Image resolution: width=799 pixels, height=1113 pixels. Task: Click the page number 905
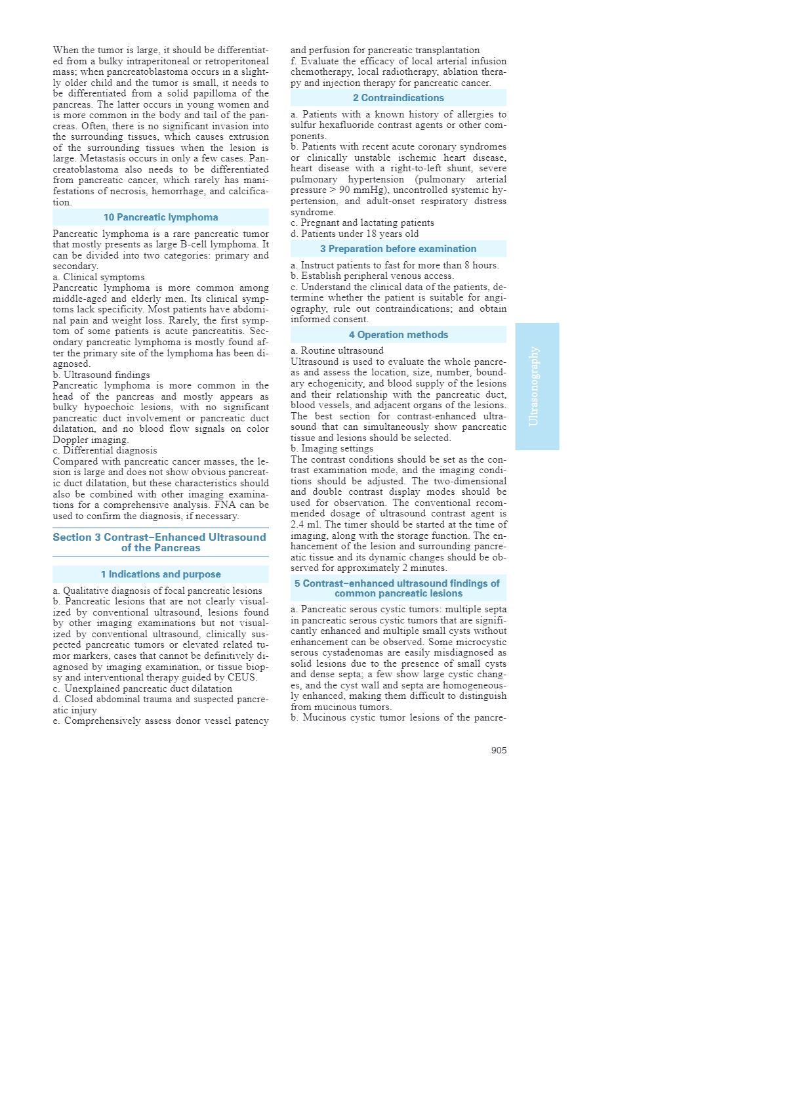click(499, 750)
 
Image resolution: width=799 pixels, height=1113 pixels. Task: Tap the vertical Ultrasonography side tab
click(537, 386)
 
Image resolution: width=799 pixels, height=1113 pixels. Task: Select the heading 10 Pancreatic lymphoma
click(161, 217)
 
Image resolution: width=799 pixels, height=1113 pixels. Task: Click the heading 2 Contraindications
click(398, 98)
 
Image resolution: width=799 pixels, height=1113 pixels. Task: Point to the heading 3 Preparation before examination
click(398, 249)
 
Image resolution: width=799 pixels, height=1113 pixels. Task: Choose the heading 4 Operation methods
click(398, 335)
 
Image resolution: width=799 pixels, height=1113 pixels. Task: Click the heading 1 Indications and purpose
click(161, 574)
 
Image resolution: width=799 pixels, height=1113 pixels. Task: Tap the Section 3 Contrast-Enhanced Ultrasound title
click(160, 542)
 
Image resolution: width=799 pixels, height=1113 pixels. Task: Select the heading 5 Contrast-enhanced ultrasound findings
click(398, 588)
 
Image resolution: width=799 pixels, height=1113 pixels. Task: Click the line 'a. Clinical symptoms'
click(99, 277)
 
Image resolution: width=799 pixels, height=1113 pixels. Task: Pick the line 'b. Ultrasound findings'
click(102, 375)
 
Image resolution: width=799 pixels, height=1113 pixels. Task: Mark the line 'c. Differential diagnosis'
click(105, 450)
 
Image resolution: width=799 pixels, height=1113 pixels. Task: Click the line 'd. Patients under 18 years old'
click(355, 234)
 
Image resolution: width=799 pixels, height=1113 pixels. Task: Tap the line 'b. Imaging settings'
click(332, 449)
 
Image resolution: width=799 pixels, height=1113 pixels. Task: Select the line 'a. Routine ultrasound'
click(337, 350)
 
